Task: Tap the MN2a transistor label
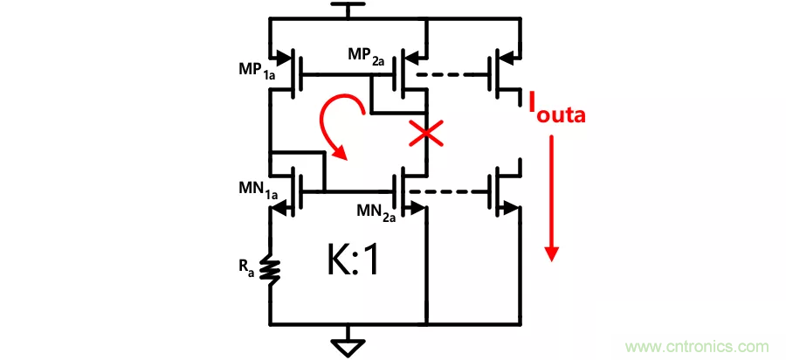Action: coord(377,213)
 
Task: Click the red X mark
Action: coord(425,134)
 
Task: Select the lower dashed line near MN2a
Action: coord(447,190)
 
